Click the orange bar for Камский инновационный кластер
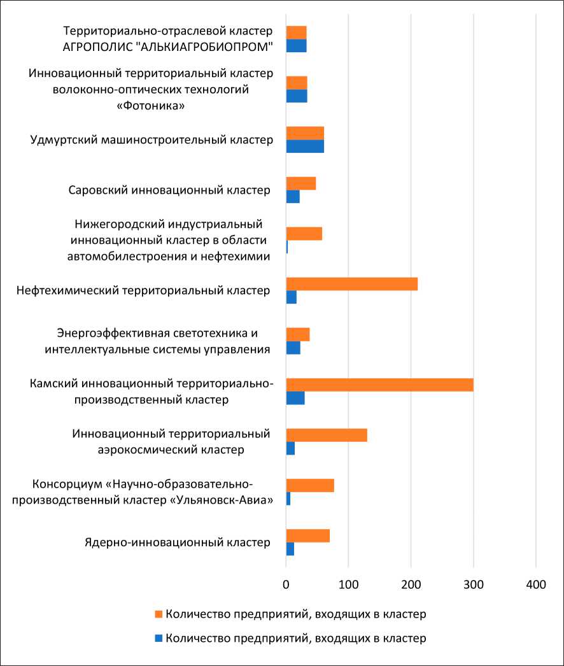click(x=379, y=385)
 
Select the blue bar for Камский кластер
click(x=295, y=398)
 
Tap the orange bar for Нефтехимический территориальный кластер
click(x=351, y=284)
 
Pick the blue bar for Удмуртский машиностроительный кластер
click(x=305, y=146)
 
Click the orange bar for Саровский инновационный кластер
click(x=301, y=183)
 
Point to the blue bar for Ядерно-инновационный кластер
click(x=290, y=549)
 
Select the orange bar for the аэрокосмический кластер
click(x=327, y=435)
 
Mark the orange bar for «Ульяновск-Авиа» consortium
click(x=310, y=485)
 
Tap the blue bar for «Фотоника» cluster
click(x=297, y=96)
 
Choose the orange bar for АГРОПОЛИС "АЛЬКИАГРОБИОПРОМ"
click(x=297, y=32)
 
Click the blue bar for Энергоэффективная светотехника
click(x=293, y=348)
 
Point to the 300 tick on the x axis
click(x=473, y=584)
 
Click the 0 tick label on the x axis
click(x=286, y=584)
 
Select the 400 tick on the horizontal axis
click(x=535, y=584)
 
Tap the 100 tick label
click(x=348, y=584)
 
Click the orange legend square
click(x=159, y=614)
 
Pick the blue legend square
click(x=159, y=638)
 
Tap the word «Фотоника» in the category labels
click(x=152, y=105)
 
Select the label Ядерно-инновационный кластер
click(x=178, y=542)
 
